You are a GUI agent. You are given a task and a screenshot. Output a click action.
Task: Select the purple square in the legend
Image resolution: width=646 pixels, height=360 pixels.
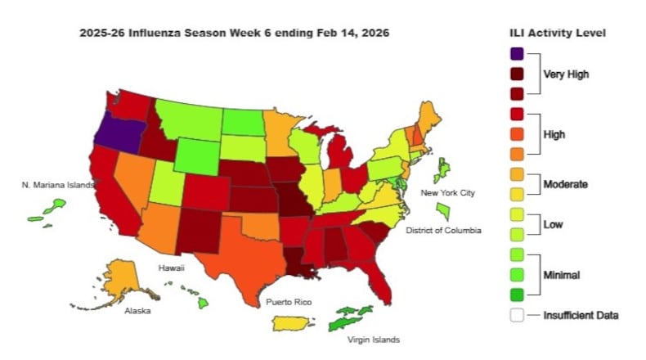(516, 54)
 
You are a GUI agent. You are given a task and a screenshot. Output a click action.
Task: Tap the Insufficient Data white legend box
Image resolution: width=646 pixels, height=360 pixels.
(516, 314)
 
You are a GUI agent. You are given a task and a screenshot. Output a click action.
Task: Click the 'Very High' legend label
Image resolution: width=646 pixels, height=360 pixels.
(566, 74)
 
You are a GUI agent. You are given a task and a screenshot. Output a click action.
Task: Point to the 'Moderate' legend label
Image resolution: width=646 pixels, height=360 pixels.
(565, 184)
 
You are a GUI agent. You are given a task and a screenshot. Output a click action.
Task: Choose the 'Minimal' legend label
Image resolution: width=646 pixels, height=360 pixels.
(563, 275)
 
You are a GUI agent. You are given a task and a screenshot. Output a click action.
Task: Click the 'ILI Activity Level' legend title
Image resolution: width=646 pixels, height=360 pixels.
(557, 33)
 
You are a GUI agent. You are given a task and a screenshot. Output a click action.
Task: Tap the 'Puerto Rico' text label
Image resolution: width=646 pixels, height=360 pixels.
(289, 303)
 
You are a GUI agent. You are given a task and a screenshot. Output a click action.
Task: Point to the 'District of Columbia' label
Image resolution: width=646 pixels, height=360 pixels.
(443, 231)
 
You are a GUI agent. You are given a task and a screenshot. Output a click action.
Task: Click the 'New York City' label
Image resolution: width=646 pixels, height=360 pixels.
(447, 193)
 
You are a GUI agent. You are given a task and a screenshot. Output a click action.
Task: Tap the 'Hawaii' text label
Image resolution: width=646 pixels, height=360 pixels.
(172, 268)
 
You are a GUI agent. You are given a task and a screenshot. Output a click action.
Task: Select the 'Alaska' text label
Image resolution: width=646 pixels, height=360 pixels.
(137, 312)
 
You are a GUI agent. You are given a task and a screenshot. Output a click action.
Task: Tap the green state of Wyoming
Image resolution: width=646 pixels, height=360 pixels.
(195, 155)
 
